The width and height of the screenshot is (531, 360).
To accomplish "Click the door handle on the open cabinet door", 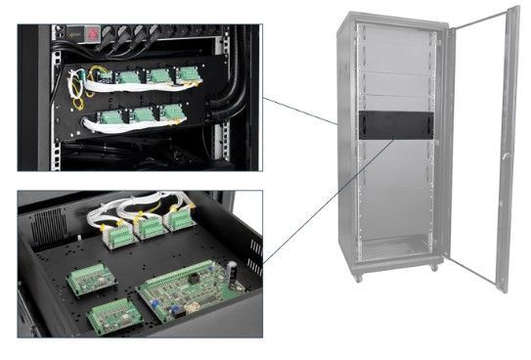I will click(x=505, y=157).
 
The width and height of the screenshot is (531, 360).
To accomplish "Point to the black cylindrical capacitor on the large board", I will click(x=234, y=268).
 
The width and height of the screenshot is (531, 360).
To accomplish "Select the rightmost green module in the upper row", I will click(x=186, y=74).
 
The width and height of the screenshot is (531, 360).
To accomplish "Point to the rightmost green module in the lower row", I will click(x=172, y=112).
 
